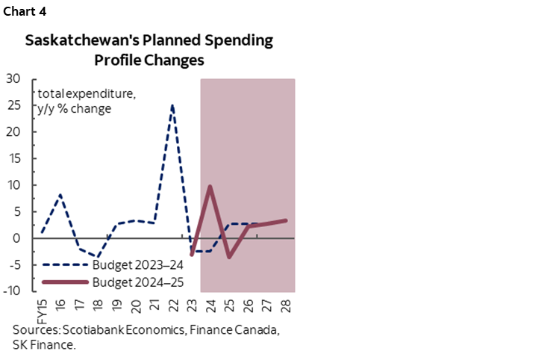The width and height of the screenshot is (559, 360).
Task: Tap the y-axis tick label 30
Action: [x=13, y=78]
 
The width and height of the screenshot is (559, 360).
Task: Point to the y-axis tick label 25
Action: [x=13, y=105]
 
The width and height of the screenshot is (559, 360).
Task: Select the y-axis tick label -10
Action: [x=12, y=291]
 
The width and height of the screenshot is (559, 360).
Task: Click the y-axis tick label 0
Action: [x=17, y=238]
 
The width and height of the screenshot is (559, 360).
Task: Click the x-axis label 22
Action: [x=173, y=305]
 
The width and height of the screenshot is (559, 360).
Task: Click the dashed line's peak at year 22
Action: [x=172, y=105]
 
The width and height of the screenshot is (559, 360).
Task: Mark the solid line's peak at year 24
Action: [x=210, y=186]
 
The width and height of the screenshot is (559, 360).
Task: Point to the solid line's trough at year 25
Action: [x=229, y=257]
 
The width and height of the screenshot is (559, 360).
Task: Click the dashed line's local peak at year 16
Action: [x=60, y=194]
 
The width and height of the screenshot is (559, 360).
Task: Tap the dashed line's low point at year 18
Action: [x=97, y=258]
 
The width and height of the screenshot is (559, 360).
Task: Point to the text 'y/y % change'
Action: [x=75, y=108]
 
